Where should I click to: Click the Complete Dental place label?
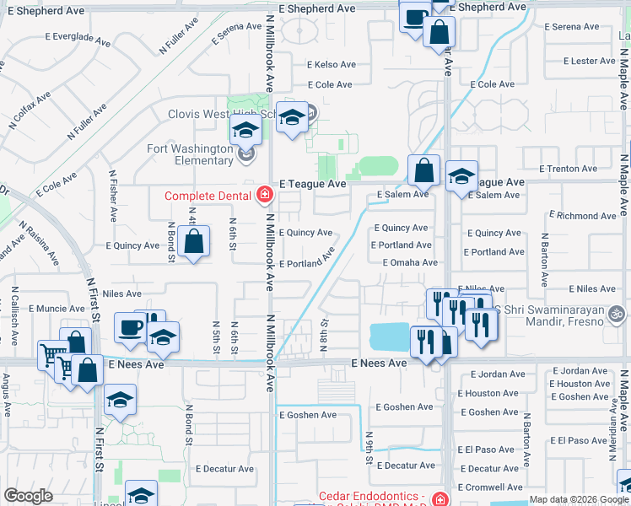coord(209,196)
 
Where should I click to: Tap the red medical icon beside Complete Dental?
coord(265,196)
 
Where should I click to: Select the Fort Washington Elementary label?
coord(189,154)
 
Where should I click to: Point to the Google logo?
coord(28,496)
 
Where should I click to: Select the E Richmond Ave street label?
coord(583,216)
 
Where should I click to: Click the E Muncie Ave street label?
coord(57,310)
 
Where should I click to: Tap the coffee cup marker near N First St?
coord(130,326)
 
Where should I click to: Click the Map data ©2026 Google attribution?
coord(579,499)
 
